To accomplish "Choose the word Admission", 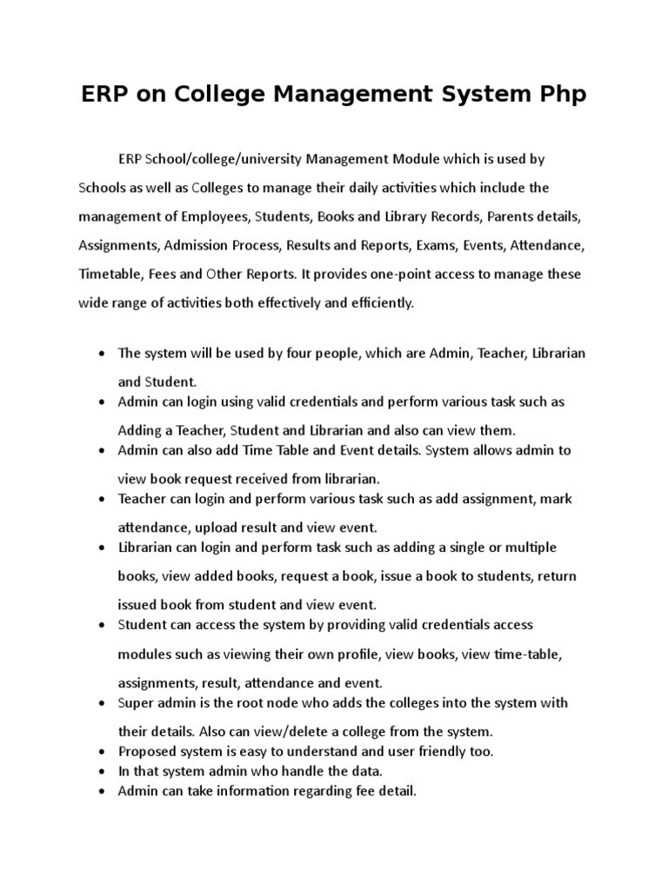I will pyautogui.click(x=195, y=244).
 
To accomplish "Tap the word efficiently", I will pyautogui.click(x=380, y=303).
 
